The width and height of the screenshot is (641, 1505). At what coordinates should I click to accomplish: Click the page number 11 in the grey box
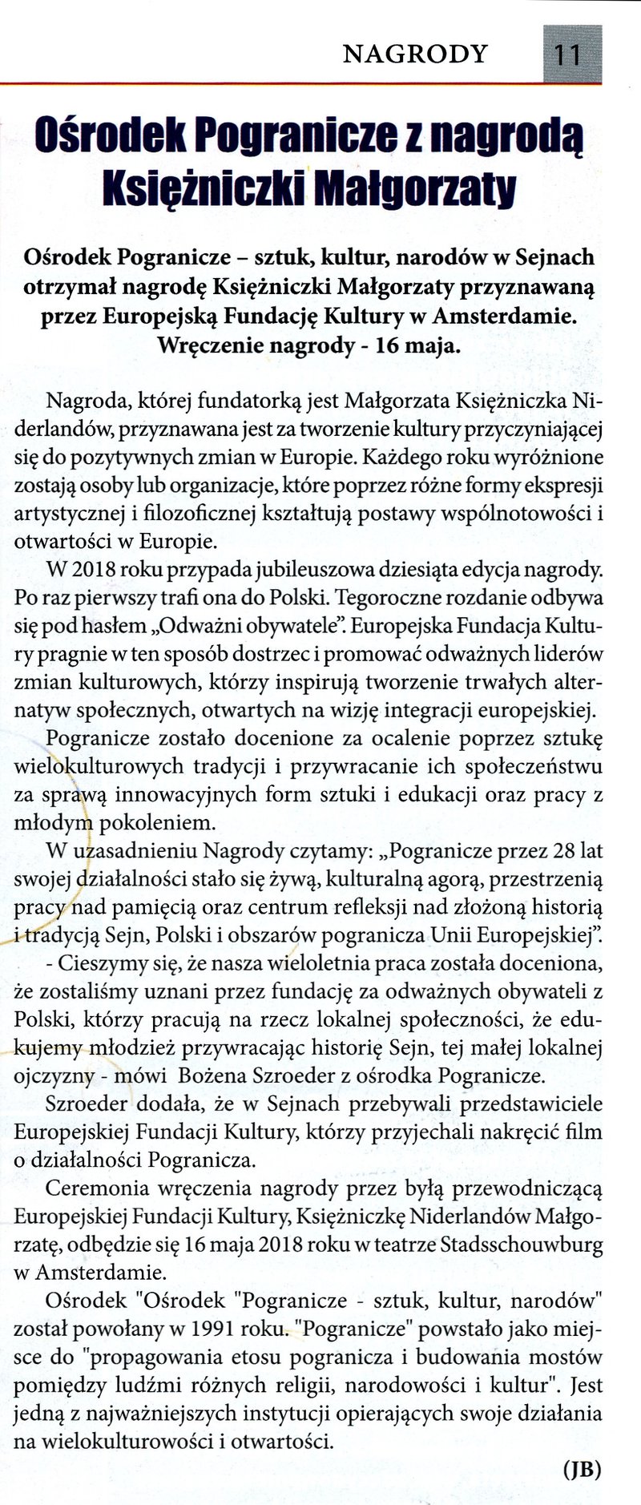(x=571, y=54)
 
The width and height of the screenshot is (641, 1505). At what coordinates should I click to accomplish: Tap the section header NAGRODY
(x=415, y=54)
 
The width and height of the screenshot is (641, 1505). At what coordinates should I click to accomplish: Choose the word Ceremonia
(x=91, y=1188)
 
